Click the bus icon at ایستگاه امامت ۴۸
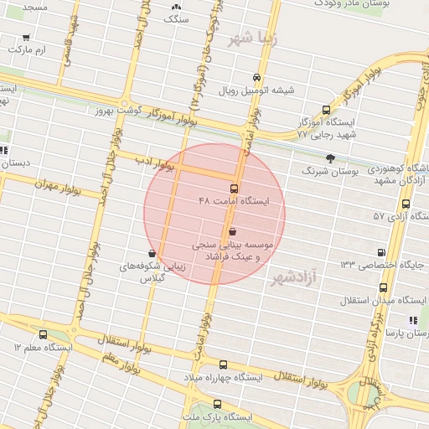pyautogui.click(x=233, y=189)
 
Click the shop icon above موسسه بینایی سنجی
pyautogui.click(x=232, y=231)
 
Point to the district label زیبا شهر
pyautogui.click(x=252, y=39)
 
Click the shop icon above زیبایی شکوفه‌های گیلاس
pyautogui.click(x=152, y=252)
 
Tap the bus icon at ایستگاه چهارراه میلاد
pyautogui.click(x=223, y=364)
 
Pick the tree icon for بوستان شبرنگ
pyautogui.click(x=330, y=158)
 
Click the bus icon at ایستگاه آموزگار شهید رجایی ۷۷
pyautogui.click(x=326, y=110)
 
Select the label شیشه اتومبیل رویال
pyautogui.click(x=256, y=90)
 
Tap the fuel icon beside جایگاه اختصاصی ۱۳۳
pyautogui.click(x=382, y=251)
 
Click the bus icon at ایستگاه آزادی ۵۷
pyautogui.click(x=406, y=204)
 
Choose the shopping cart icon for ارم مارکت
pyautogui.click(x=26, y=38)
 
